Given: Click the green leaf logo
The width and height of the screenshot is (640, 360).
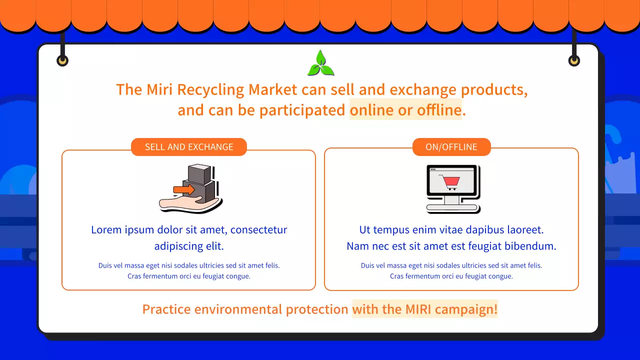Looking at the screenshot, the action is tap(320, 63).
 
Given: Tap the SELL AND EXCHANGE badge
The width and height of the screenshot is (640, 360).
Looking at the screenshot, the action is tap(189, 147).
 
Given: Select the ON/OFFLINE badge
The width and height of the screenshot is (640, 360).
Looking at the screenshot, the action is tap(451, 147).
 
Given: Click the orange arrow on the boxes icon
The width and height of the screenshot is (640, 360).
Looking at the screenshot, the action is tap(184, 189).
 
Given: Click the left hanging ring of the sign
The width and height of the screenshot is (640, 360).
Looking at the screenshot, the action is tap(62, 60).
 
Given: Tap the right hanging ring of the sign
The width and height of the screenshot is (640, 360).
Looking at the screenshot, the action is tap(574, 60).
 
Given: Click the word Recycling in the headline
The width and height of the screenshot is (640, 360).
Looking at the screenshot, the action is tap(210, 89).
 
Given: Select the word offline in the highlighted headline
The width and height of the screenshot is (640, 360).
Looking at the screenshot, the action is tap(439, 110).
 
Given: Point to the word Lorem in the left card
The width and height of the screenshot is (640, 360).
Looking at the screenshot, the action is tap(106, 229).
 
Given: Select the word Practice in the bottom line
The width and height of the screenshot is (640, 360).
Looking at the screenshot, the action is tap(166, 309).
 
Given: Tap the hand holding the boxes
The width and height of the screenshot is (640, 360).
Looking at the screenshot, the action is tap(188, 204).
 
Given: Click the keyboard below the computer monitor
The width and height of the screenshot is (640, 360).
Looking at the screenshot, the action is tap(451, 207).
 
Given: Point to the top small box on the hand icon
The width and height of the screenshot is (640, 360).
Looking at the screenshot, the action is tap(199, 174).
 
